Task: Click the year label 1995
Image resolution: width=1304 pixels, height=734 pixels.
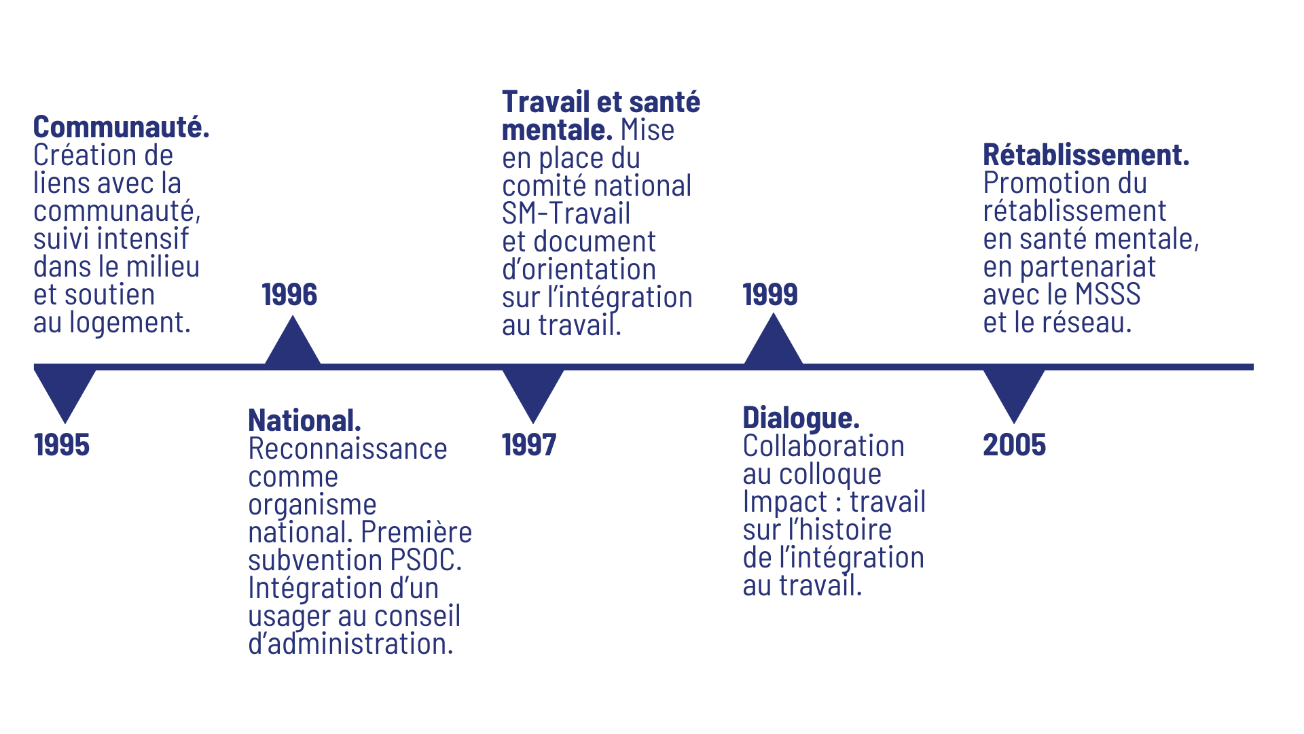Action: click(62, 445)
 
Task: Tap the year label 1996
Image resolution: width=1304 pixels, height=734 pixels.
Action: click(290, 295)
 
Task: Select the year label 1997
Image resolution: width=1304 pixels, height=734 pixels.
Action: click(529, 445)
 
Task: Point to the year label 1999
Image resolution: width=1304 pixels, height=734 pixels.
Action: click(770, 295)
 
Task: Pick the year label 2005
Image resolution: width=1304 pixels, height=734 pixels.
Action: click(1014, 445)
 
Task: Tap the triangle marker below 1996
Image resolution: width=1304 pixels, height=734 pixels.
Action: click(293, 345)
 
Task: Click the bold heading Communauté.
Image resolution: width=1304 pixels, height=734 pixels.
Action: click(122, 128)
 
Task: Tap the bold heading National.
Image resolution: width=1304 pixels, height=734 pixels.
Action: click(304, 421)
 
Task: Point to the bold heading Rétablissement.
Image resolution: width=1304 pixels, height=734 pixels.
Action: click(1086, 156)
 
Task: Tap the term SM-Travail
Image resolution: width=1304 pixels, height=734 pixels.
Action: click(566, 214)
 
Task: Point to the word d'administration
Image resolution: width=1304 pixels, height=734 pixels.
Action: click(350, 644)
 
